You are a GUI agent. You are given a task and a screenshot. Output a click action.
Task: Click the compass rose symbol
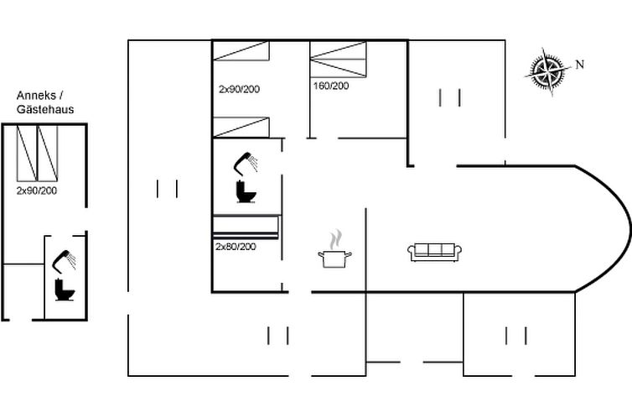click(x=547, y=72)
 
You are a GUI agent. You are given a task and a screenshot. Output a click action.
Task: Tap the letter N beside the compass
click(x=579, y=64)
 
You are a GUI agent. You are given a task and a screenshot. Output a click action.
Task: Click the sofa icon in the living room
click(x=434, y=252)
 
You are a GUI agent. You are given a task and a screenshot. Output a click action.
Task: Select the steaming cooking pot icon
click(x=334, y=249)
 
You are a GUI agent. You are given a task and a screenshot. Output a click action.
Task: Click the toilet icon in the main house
click(x=246, y=191)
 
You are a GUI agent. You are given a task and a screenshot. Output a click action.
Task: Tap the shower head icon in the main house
click(x=246, y=163)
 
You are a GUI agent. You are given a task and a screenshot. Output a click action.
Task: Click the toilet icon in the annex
click(x=65, y=290)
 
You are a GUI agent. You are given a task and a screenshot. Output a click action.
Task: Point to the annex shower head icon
click(x=64, y=261)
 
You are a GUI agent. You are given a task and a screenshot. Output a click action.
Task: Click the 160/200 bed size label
click(x=331, y=86)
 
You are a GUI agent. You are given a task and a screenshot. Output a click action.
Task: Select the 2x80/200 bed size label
click(x=236, y=247)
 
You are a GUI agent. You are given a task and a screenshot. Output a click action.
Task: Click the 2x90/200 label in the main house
click(x=239, y=89)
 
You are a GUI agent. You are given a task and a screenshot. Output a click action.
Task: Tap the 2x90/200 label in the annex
click(x=37, y=191)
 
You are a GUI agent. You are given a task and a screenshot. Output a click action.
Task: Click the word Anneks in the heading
click(x=36, y=96)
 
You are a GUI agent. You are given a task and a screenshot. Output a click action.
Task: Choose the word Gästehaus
click(x=45, y=109)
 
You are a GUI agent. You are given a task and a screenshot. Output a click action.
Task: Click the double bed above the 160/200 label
click(x=338, y=60)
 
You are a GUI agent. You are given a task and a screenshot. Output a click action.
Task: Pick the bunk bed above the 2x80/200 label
click(x=246, y=227)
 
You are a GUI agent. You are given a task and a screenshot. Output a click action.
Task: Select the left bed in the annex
click(x=27, y=154)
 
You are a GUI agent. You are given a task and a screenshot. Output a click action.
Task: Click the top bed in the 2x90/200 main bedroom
click(x=241, y=51)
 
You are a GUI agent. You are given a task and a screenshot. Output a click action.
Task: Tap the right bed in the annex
click(x=48, y=154)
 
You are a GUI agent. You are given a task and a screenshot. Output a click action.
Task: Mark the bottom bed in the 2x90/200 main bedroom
click(x=241, y=127)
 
